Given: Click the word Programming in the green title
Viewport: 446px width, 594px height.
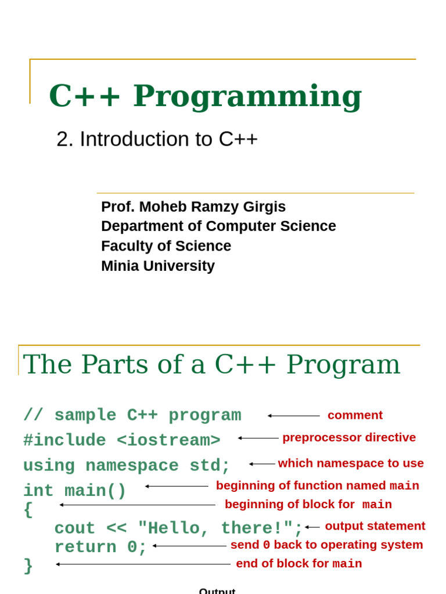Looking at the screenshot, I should (x=247, y=96).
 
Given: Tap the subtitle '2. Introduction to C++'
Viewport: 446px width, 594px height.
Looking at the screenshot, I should (x=157, y=139).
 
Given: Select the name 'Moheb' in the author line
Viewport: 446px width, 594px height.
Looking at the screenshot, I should (x=161, y=207).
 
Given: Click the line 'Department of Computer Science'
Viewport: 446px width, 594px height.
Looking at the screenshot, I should (x=218, y=226).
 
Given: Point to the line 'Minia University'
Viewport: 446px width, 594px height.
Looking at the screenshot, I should (x=158, y=266).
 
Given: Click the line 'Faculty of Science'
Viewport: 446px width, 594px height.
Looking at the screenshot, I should (x=166, y=246).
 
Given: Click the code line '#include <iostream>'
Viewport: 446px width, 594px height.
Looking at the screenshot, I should (x=122, y=440).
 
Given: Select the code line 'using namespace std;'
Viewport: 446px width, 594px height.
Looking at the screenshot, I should (x=127, y=466).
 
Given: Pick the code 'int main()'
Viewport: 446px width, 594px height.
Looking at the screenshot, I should (x=74, y=491).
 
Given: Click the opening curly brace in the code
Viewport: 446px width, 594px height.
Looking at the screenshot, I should (x=28, y=510).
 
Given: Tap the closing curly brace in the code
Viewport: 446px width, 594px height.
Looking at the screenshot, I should (x=28, y=566).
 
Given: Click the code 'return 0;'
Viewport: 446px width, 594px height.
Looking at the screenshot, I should (x=101, y=547).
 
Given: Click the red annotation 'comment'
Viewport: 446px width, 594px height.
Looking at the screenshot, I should (x=355, y=415).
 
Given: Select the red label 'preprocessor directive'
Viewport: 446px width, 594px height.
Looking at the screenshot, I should (x=349, y=437).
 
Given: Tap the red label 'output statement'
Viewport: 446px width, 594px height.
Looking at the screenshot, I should (x=375, y=526).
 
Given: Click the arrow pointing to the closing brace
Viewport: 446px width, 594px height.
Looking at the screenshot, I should (x=143, y=564).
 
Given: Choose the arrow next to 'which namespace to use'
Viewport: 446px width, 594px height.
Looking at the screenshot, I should (x=262, y=464).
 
